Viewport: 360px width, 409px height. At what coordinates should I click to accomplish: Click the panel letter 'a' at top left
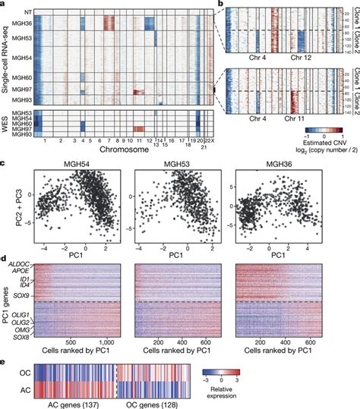(x=4, y=5)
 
